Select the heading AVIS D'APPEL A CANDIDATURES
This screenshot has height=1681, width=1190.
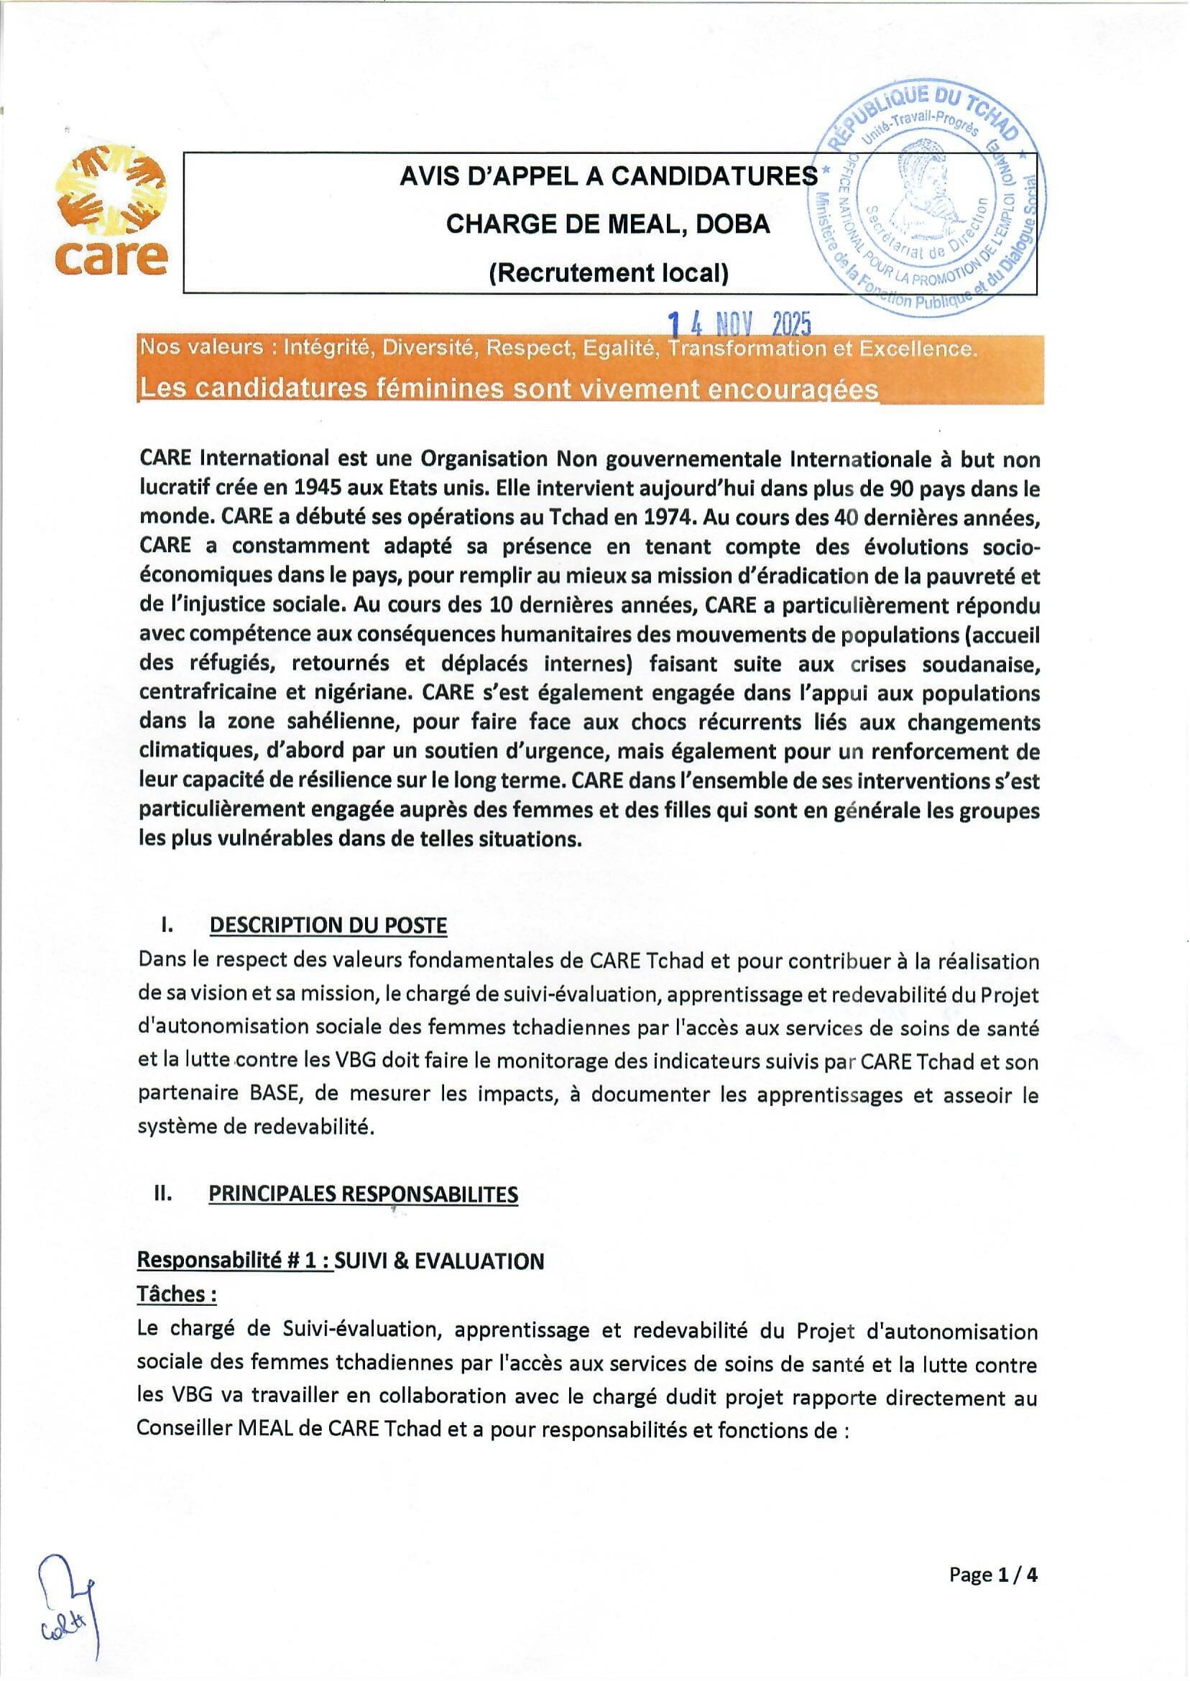tap(608, 177)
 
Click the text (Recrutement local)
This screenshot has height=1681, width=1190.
tap(608, 273)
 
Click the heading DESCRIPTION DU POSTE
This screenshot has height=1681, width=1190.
tap(328, 925)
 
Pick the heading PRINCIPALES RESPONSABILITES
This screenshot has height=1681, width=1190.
tap(364, 1194)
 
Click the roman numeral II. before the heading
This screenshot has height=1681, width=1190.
tap(163, 1194)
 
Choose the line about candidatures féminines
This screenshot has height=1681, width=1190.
tap(509, 388)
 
